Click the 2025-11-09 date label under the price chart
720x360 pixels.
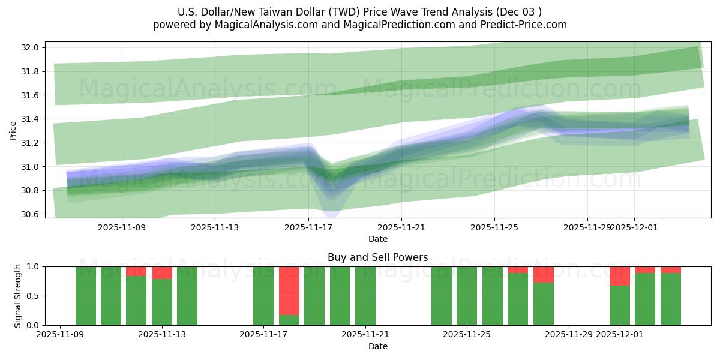(122, 228)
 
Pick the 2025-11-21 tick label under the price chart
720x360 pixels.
(401, 228)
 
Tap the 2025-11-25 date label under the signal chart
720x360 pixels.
(467, 335)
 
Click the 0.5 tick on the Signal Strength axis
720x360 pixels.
(34, 296)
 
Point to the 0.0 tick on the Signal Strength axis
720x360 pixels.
(34, 325)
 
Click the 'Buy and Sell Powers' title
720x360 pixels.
(377, 257)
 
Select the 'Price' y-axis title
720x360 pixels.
(13, 130)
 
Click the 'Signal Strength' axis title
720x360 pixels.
(18, 296)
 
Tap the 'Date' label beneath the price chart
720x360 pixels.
(377, 239)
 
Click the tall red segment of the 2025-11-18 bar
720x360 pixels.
(289, 290)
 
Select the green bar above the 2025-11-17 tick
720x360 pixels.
(263, 296)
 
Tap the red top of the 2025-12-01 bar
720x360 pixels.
(620, 276)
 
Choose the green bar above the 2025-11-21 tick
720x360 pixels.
(365, 296)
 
